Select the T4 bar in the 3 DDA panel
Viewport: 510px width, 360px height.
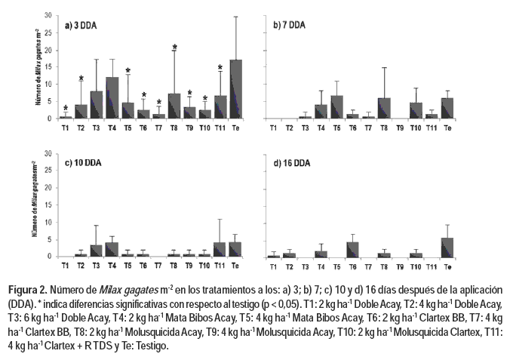(x=112, y=97)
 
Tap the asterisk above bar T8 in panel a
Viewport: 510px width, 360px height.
(x=174, y=48)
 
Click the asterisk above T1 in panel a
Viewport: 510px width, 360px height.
(x=66, y=109)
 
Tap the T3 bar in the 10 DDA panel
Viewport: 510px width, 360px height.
(x=96, y=251)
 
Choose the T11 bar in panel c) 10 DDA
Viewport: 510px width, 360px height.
(x=220, y=250)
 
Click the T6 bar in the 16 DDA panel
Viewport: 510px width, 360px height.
(x=352, y=250)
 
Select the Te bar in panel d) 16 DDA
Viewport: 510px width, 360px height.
(x=448, y=248)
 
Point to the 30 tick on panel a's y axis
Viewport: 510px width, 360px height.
(x=48, y=15)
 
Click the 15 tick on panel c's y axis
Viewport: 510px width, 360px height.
(x=48, y=205)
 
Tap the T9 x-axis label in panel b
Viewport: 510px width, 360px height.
(x=400, y=128)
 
